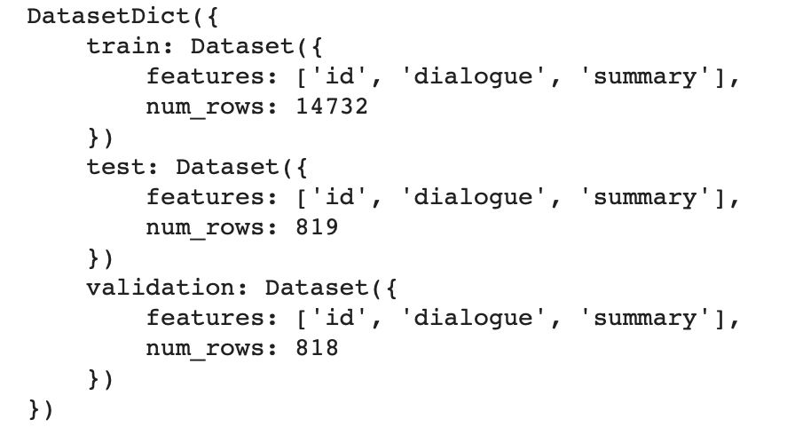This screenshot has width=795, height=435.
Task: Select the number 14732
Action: tap(331, 107)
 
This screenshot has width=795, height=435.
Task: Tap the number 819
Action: tap(316, 227)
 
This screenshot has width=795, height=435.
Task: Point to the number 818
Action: tap(316, 348)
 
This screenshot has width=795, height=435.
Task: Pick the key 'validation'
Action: tap(160, 288)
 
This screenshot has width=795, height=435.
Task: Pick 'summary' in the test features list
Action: tap(646, 197)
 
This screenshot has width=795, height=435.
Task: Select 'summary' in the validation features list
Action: tap(646, 318)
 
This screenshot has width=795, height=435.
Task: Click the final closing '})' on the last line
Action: tap(41, 409)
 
